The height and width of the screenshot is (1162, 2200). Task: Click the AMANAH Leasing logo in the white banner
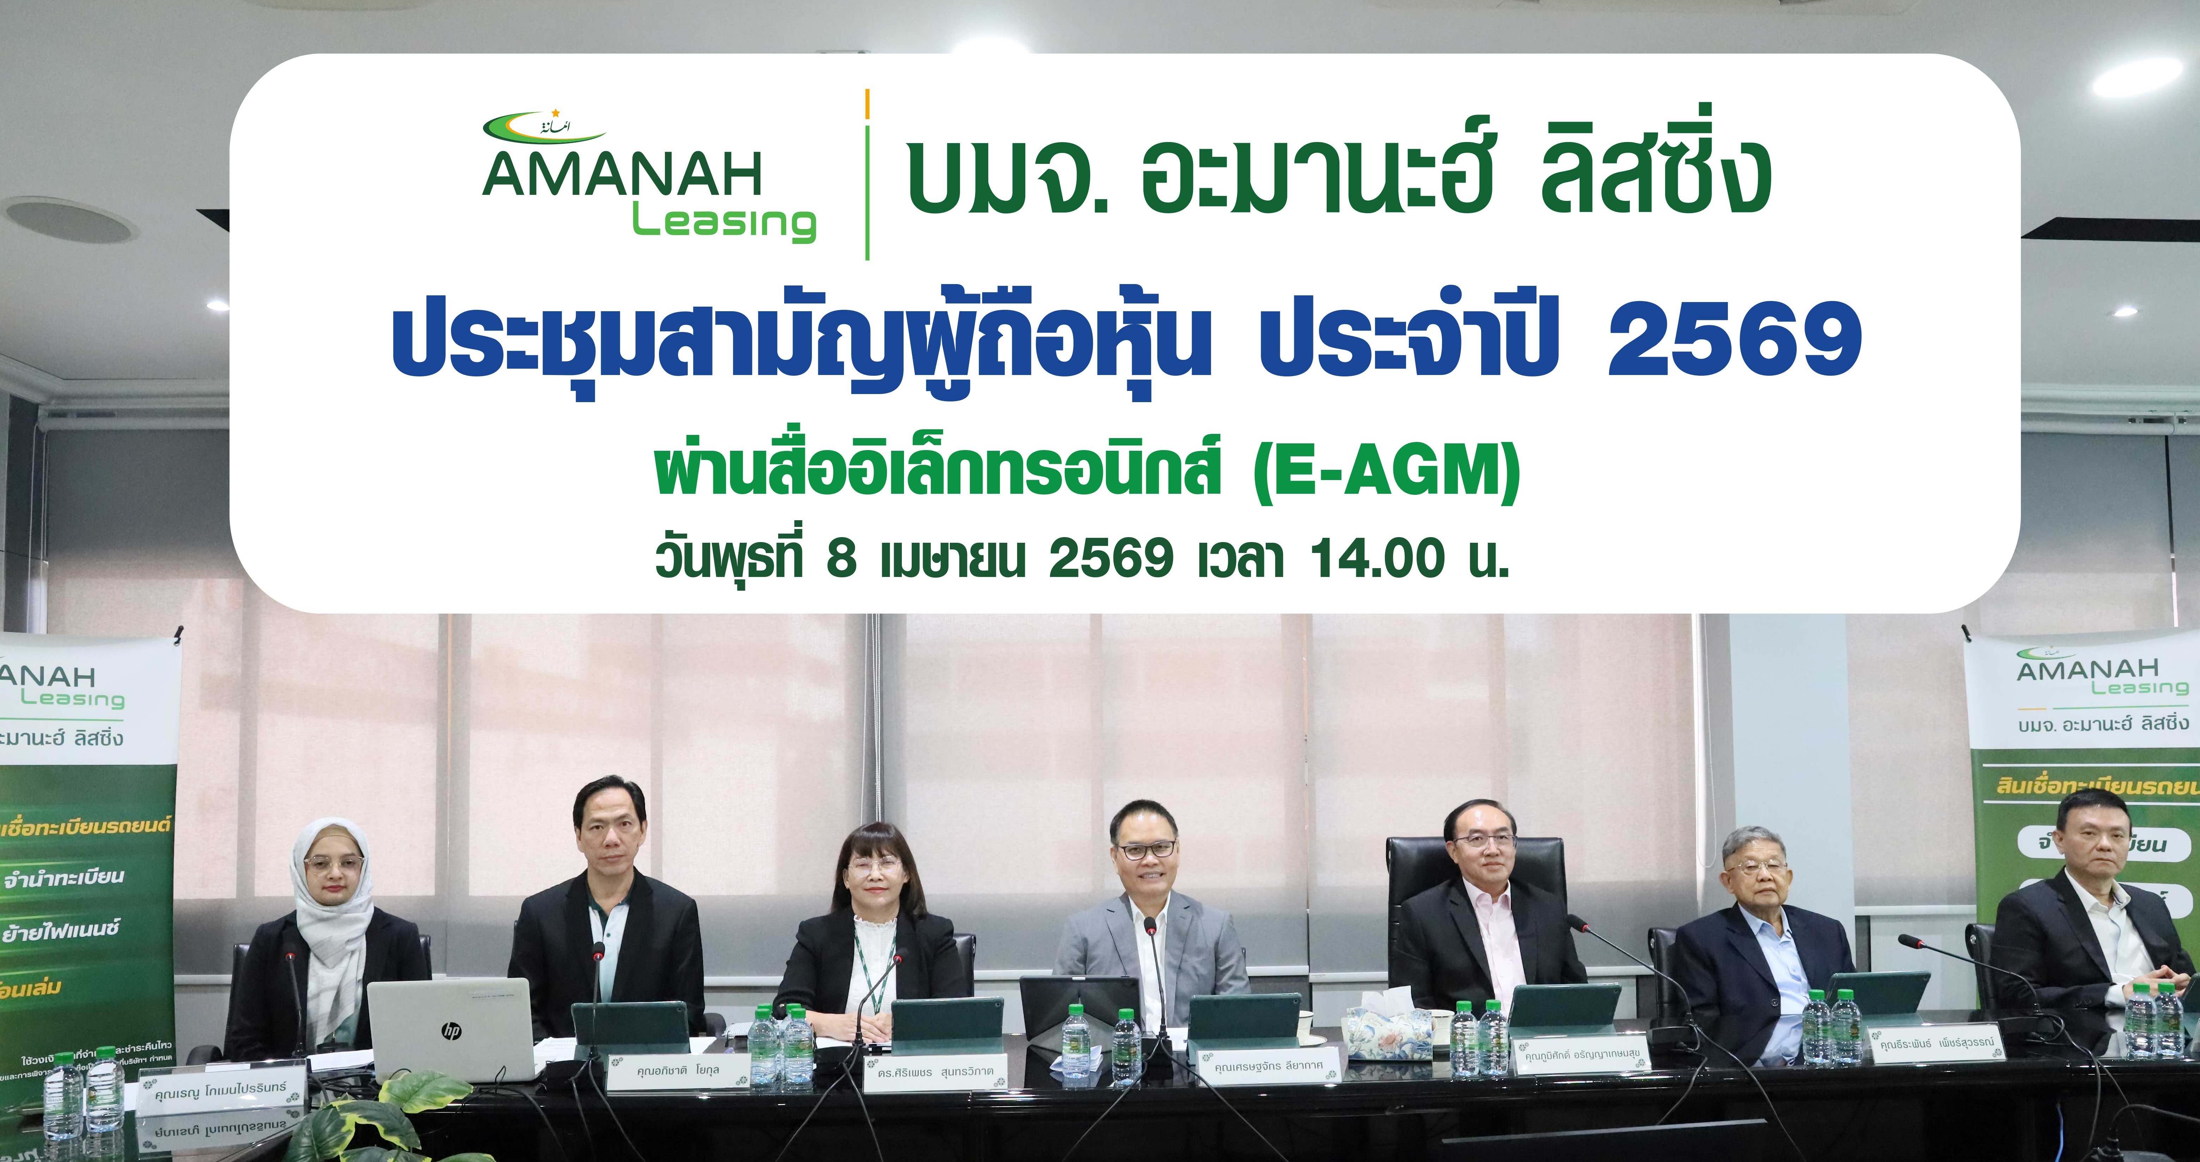[x=649, y=181]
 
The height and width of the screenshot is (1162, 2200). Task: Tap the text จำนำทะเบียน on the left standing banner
[x=64, y=877]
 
